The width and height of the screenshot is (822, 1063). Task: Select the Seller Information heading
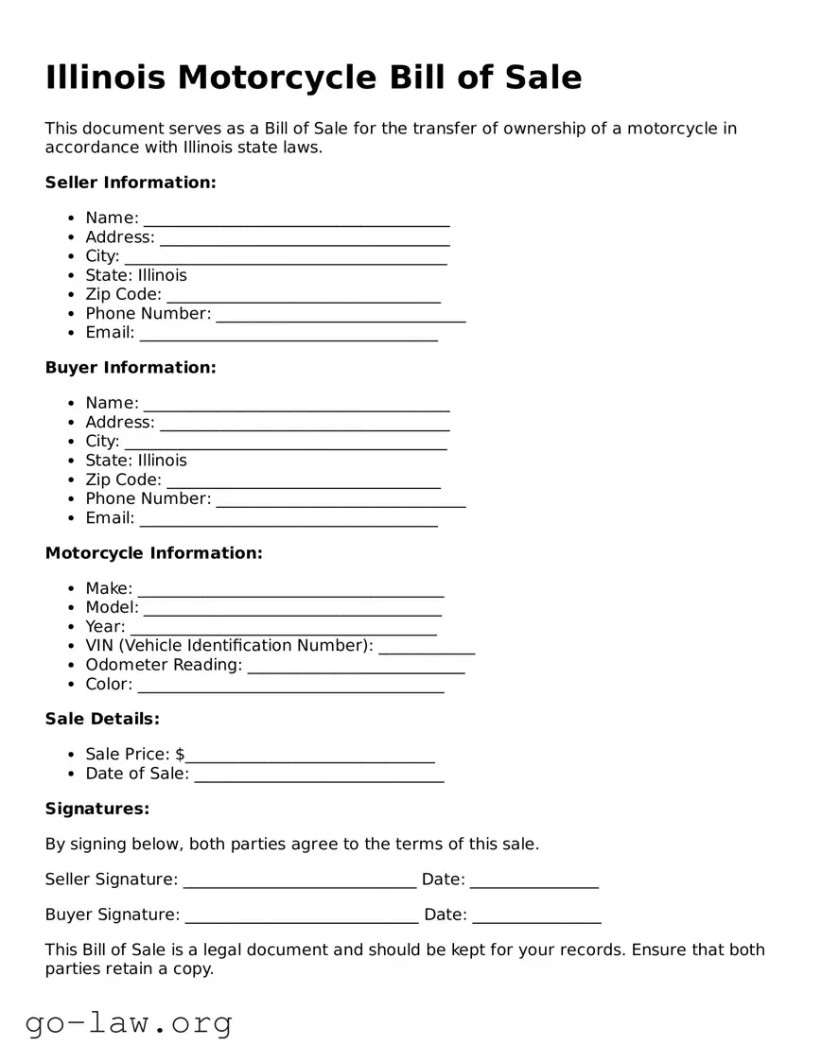pos(131,183)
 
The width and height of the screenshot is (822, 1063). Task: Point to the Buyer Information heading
pos(131,368)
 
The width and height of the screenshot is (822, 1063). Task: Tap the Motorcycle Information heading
pos(153,553)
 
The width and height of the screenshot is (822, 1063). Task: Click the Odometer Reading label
pos(164,665)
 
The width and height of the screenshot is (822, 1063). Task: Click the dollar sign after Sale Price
pos(180,755)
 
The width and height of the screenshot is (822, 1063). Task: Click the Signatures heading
pos(97,810)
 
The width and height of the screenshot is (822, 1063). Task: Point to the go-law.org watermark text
pos(129,1022)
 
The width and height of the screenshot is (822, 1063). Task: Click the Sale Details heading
pos(102,720)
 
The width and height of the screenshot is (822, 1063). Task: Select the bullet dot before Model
pos(72,608)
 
